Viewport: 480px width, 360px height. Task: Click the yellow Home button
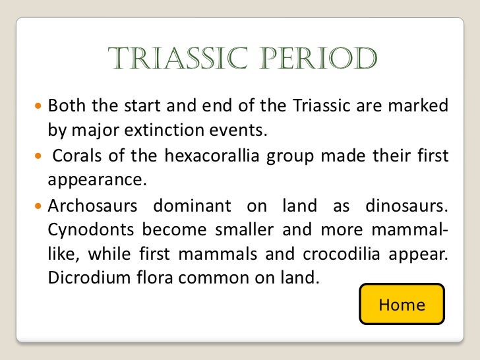(x=402, y=305)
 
